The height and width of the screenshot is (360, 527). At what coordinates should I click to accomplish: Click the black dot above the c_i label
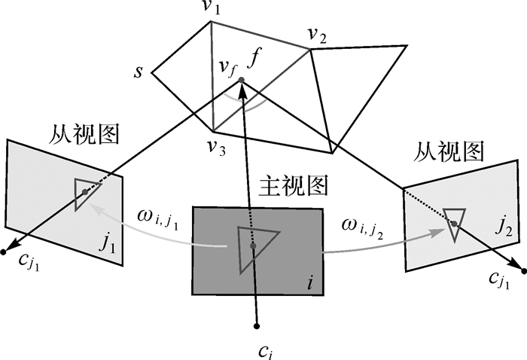point(257,325)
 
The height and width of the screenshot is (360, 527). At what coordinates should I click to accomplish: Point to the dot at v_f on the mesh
point(240,80)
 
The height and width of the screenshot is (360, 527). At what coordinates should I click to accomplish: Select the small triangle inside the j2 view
point(454,223)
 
